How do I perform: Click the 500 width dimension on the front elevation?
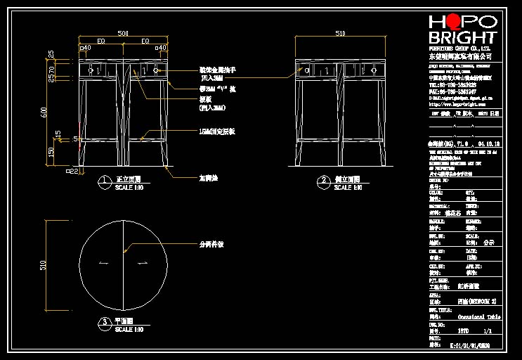click(x=122, y=33)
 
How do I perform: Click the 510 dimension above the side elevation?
click(x=340, y=33)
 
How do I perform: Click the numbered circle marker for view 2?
click(x=324, y=181)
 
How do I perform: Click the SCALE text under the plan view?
click(x=129, y=329)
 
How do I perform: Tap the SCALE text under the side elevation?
click(x=348, y=188)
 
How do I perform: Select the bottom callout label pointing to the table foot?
click(x=209, y=178)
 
